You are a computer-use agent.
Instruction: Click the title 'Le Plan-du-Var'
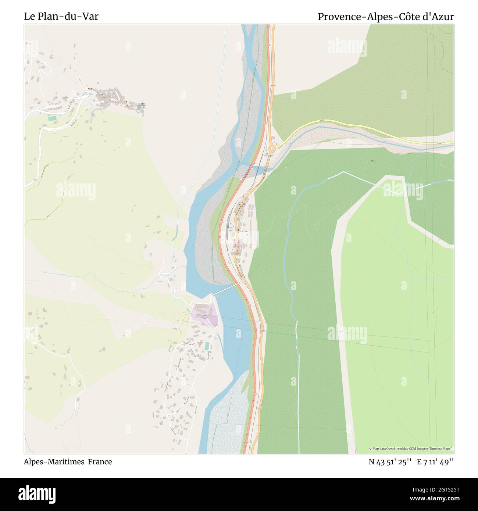[x=61, y=17]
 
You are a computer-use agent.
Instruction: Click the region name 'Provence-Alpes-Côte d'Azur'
[x=385, y=17]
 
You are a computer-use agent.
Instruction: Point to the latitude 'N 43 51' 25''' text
[x=390, y=462]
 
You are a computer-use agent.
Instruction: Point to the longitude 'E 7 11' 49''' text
[x=435, y=462]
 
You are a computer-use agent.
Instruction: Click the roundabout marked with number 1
[x=272, y=149]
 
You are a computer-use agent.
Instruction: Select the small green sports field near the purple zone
[x=207, y=346]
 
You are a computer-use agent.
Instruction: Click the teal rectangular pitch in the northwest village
[x=53, y=118]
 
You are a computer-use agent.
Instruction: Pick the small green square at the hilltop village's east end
[x=139, y=107]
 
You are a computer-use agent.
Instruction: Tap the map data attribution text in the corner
[x=411, y=449]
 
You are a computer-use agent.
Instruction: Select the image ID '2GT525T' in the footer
[x=438, y=489]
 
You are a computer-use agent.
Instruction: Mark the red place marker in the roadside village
[x=238, y=231]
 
